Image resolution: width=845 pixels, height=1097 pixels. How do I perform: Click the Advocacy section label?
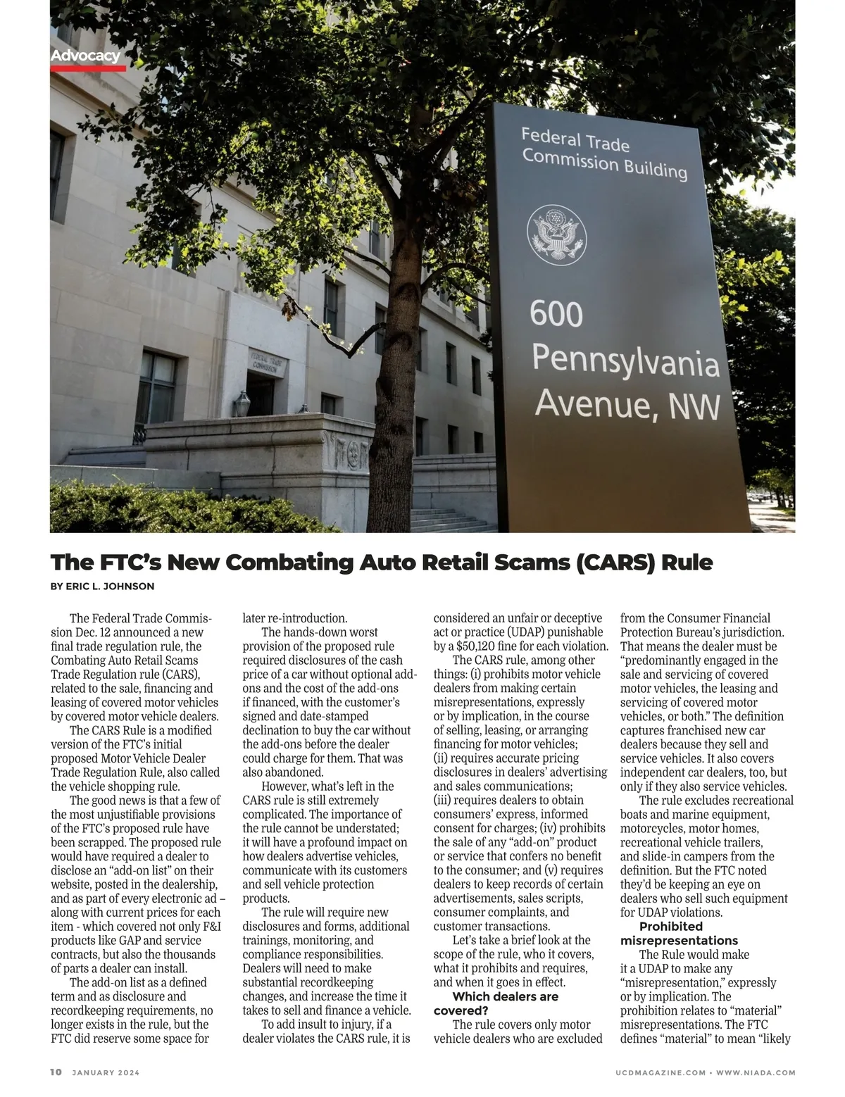tap(85, 56)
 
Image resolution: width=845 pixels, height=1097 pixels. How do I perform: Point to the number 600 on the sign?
tap(556, 313)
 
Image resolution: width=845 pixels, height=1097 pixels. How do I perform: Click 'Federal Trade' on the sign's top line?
tap(575, 139)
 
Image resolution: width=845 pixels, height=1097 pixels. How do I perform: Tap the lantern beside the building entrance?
tap(242, 403)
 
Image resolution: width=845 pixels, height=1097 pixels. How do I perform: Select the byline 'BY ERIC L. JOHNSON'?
tap(103, 586)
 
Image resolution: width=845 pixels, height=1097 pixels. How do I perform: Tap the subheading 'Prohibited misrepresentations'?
tap(679, 933)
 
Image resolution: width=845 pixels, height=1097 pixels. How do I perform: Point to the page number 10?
tap(56, 1072)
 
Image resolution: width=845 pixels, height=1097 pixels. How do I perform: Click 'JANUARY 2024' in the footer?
tap(106, 1072)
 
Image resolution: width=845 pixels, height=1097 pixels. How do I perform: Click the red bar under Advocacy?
tap(88, 68)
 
